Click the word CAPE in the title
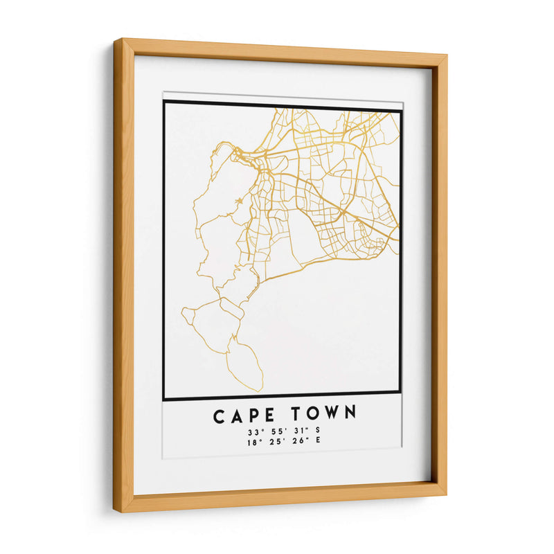[238, 415]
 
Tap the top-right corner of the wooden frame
[445, 57]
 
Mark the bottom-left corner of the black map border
[164, 399]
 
